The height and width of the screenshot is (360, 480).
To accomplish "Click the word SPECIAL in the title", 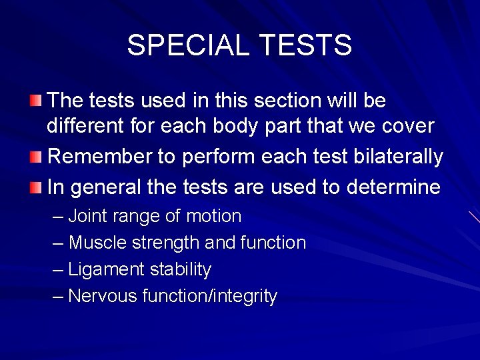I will click(187, 45).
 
